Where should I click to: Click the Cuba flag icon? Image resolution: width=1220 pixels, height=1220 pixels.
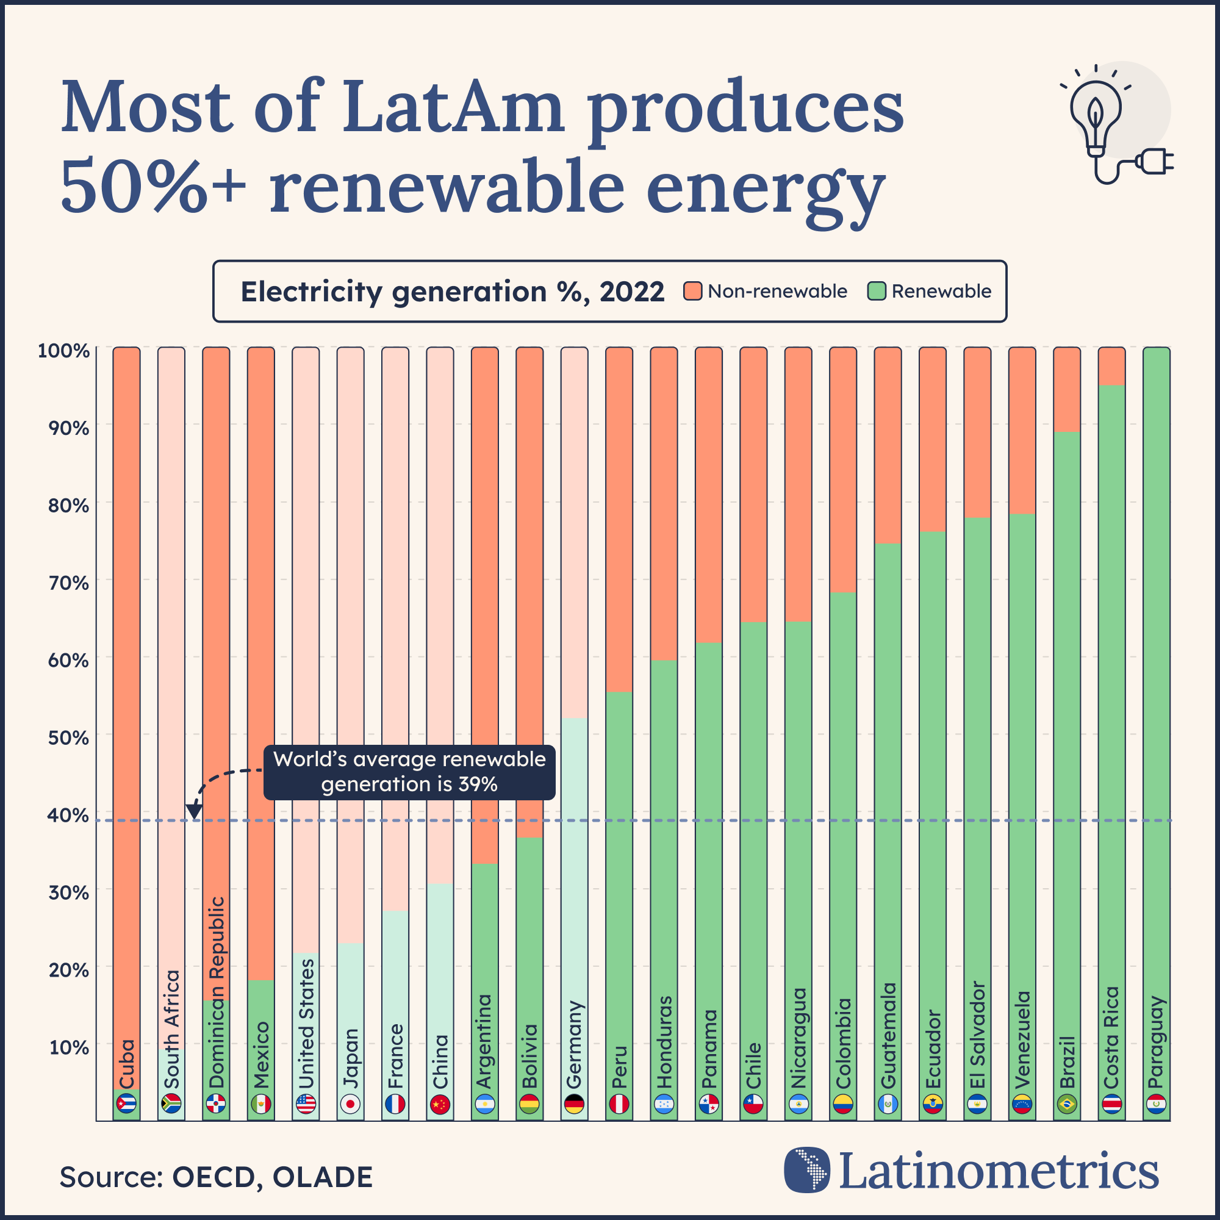tap(126, 1105)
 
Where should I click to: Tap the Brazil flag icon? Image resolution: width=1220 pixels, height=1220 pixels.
tap(1066, 1105)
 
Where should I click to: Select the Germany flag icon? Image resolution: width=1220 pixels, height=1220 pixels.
tap(574, 1105)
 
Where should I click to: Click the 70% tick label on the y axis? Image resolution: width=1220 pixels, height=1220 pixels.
tap(68, 582)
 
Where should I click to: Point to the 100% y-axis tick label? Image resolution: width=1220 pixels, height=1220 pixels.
tap(64, 351)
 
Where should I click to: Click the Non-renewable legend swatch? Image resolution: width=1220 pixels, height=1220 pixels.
tap(693, 291)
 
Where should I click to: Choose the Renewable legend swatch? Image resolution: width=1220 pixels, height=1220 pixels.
tap(877, 291)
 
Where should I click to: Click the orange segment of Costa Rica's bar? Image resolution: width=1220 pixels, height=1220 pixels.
tap(1111, 366)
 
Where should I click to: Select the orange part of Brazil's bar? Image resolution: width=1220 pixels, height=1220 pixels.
tap(1066, 389)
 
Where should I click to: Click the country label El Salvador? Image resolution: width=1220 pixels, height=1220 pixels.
tap(977, 1035)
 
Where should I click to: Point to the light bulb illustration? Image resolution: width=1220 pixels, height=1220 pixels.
tap(1096, 117)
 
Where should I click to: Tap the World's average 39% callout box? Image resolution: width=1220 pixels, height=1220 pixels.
tap(409, 772)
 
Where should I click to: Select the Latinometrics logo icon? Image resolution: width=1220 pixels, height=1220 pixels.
tap(806, 1169)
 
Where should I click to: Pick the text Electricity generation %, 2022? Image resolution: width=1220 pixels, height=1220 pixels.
tap(452, 292)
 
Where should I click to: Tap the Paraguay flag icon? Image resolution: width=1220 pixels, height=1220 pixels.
tap(1156, 1105)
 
